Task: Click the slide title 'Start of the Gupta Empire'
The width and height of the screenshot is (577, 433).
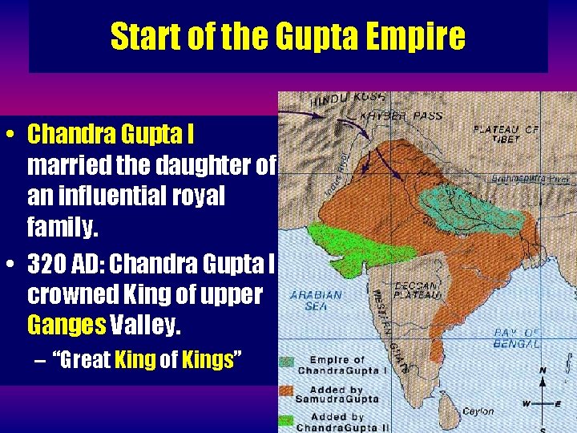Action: [288, 36]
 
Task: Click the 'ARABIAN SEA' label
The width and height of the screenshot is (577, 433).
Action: [317, 300]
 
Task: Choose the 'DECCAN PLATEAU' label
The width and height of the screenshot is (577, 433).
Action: [418, 291]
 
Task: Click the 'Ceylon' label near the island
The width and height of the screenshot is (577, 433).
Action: [478, 411]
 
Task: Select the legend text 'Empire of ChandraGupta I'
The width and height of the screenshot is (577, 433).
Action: [337, 365]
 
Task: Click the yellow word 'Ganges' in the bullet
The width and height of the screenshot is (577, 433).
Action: [67, 326]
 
